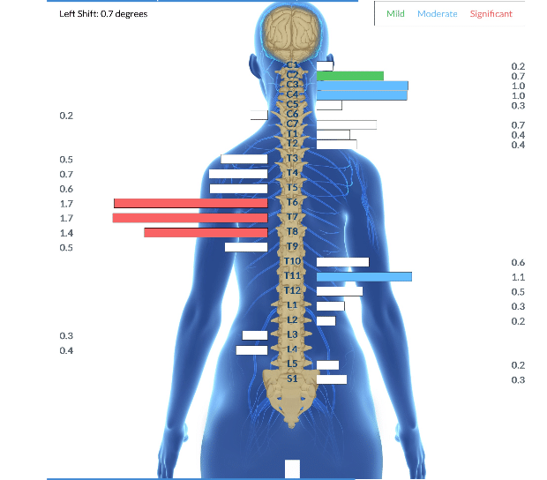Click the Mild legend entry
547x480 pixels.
[x=395, y=14]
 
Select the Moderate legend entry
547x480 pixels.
[x=437, y=14]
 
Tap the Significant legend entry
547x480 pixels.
[x=491, y=14]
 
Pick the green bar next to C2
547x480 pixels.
[x=350, y=76]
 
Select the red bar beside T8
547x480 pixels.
[x=206, y=233]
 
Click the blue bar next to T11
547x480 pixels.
[x=363, y=276]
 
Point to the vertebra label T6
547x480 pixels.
[x=293, y=202]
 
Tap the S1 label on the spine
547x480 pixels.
[x=293, y=378]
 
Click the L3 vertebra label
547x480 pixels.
[x=293, y=334]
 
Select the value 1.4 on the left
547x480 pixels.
[x=66, y=233]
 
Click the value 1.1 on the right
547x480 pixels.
[x=518, y=277]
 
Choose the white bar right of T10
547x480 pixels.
[x=342, y=262]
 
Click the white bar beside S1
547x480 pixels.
[x=331, y=379]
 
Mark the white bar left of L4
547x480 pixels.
[x=251, y=350]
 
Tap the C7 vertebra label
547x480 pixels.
[x=293, y=124]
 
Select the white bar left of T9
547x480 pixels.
[x=246, y=247]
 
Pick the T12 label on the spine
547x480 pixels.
[x=293, y=290]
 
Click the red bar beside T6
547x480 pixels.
[x=191, y=203]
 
